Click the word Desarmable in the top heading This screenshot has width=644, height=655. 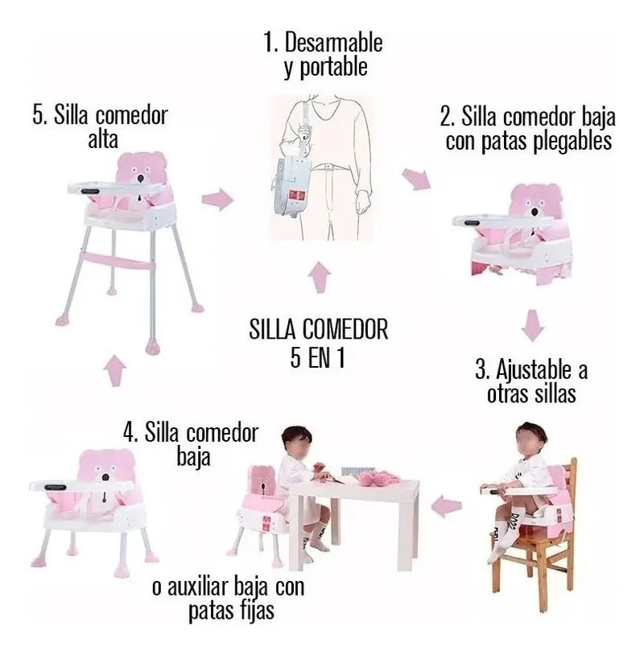pyautogui.click(x=333, y=43)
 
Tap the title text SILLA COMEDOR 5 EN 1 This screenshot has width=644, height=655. pyautogui.click(x=319, y=343)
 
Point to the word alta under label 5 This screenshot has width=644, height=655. pyautogui.click(x=103, y=139)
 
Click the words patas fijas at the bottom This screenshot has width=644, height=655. pyautogui.click(x=231, y=611)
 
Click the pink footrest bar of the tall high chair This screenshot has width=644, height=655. pyautogui.click(x=118, y=261)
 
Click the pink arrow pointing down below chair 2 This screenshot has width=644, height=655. pyautogui.click(x=533, y=325)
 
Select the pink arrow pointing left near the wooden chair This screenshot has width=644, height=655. pyautogui.click(x=447, y=506)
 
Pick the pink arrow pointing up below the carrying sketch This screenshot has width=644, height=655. pyautogui.click(x=320, y=277)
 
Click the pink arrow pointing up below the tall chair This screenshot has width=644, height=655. pyautogui.click(x=115, y=370)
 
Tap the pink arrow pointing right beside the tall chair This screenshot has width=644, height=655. pyautogui.click(x=217, y=200)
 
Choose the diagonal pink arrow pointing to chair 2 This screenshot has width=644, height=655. pyautogui.click(x=416, y=179)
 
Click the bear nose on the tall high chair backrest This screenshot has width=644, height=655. pyautogui.click(x=140, y=179)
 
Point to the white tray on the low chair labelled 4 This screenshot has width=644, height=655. pyautogui.click(x=78, y=486)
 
